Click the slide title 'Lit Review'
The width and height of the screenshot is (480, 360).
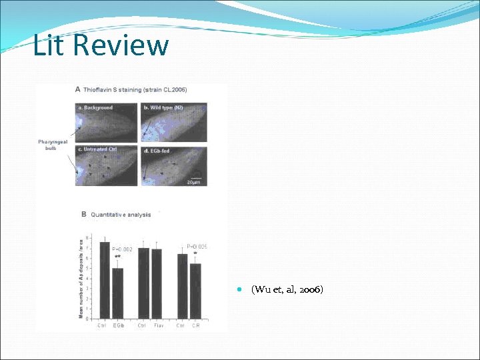coord(101,45)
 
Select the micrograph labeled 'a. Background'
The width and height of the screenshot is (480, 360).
coord(106,121)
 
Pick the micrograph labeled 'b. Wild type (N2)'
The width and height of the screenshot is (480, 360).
coord(173,121)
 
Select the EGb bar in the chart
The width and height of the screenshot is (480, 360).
coord(118,293)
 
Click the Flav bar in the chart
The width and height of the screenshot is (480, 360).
coord(157,284)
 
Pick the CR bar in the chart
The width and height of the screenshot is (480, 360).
coord(195,291)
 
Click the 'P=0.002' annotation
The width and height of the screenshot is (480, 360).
coord(122,249)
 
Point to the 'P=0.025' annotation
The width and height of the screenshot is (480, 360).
coord(197,246)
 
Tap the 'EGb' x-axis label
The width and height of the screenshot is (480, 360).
coord(118,325)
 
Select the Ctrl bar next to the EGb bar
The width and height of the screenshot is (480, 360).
coord(105,280)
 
